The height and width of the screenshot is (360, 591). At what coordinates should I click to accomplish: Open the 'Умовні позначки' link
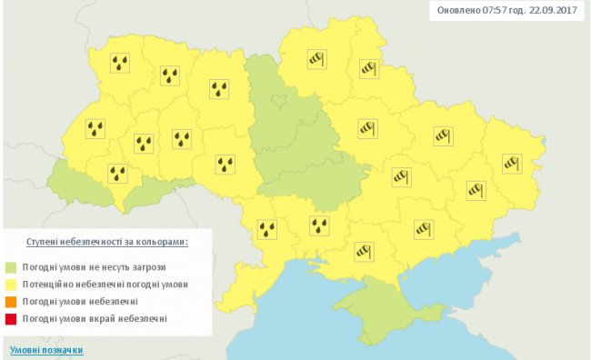pos(46,350)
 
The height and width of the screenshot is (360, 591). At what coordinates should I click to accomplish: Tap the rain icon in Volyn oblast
pos(120,63)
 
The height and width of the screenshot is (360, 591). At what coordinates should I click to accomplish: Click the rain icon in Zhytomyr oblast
pos(220,88)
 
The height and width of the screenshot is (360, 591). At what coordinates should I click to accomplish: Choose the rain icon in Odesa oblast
pos(267,228)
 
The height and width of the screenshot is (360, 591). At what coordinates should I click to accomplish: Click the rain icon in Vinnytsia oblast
pos(225,165)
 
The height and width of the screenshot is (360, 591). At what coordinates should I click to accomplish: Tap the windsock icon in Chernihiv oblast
pos(316,57)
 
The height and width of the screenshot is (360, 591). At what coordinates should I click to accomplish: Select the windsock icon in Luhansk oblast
pos(512,164)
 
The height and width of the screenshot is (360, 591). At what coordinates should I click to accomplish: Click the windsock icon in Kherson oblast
pos(364,247)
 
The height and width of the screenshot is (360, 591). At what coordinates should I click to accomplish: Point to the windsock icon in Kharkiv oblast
pos(443,135)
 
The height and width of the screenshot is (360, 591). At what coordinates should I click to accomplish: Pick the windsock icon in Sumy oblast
pos(368,67)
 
